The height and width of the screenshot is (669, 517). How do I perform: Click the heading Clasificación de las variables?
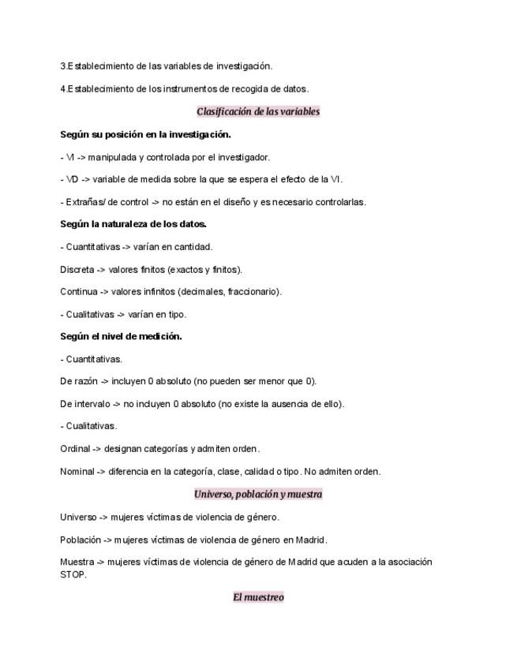click(x=258, y=111)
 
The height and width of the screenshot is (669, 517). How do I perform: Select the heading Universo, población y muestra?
click(x=258, y=494)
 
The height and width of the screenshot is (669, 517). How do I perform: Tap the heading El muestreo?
click(x=258, y=597)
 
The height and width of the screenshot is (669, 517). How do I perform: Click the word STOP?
click(x=73, y=574)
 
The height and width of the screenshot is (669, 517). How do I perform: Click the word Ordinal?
click(x=75, y=449)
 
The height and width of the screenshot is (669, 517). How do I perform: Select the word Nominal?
click(x=77, y=472)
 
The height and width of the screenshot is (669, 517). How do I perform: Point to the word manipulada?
click(x=111, y=157)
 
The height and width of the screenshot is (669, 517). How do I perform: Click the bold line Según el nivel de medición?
click(x=121, y=336)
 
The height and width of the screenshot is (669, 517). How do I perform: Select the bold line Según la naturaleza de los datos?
click(x=133, y=224)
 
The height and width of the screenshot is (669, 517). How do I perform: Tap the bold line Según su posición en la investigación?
click(x=145, y=134)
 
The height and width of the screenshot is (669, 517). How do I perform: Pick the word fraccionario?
click(x=252, y=292)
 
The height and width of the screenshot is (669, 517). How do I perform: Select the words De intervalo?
click(x=84, y=404)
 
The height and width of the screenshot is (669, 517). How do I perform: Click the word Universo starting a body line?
click(x=78, y=518)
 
